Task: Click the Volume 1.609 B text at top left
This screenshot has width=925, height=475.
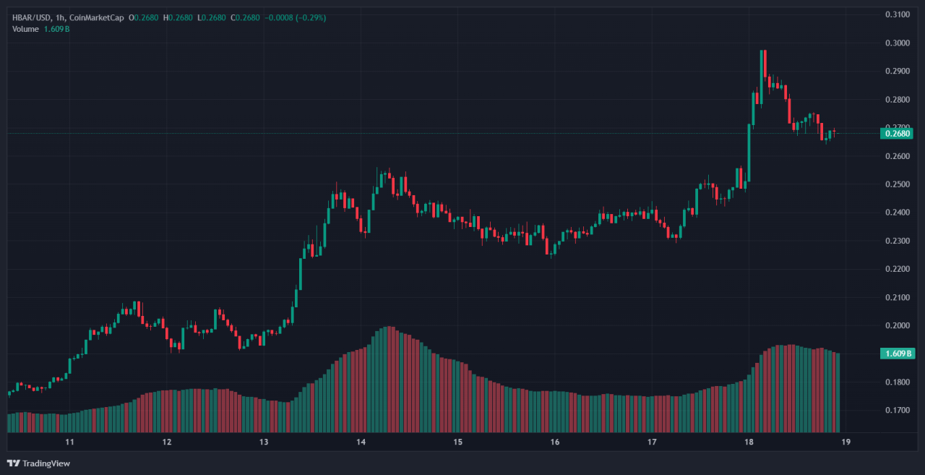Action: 40,29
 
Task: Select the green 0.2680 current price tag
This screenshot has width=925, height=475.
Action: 897,133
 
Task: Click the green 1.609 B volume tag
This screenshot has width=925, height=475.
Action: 897,354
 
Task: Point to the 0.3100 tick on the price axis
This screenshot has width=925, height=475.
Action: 897,14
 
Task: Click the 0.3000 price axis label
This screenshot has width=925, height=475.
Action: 897,43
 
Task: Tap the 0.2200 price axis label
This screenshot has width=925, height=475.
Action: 897,269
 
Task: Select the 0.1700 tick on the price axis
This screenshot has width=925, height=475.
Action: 897,410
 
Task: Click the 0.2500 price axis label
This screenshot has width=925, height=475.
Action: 897,184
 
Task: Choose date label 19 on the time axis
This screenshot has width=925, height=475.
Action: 845,442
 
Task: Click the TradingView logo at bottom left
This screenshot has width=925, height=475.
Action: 39,463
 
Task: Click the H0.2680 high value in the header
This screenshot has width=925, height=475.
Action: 178,17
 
